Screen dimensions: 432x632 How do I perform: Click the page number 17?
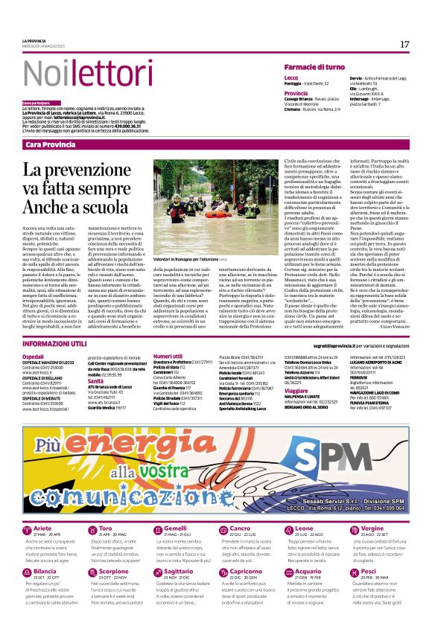404,45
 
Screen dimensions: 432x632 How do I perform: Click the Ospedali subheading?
33,357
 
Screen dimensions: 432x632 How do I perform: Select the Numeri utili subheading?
168,357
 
